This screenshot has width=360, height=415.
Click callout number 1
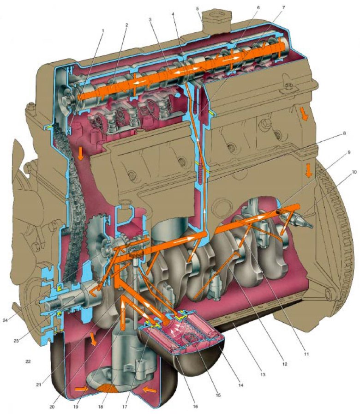(x=103, y=31)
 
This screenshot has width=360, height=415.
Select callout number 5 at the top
(x=198, y=9)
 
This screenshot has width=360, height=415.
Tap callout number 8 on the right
(x=344, y=133)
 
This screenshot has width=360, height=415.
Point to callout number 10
(x=354, y=172)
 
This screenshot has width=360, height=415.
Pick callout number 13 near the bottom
(x=263, y=374)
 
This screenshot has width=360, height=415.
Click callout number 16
(x=195, y=406)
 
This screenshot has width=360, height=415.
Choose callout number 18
(x=100, y=407)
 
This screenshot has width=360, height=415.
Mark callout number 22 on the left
(x=28, y=361)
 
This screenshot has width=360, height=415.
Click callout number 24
(x=5, y=320)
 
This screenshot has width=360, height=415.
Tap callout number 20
(x=52, y=407)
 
